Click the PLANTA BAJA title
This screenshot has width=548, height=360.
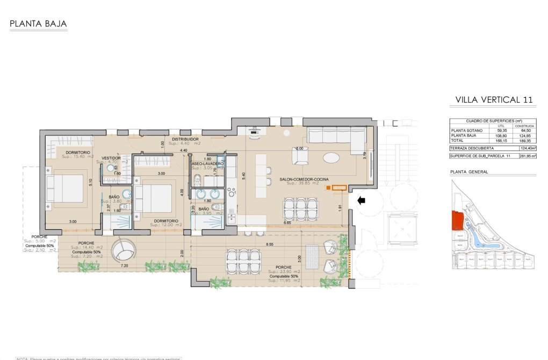pos(38,24)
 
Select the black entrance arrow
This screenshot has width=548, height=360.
pos(362,200)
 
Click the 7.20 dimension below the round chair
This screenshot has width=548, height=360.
pos(124,266)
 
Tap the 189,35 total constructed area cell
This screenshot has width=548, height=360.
pos(524,140)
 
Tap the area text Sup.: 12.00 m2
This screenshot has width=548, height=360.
pos(167,225)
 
